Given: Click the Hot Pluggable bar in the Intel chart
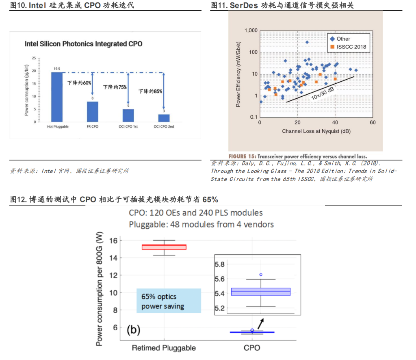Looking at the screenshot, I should (57, 97).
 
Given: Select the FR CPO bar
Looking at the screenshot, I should (93, 111).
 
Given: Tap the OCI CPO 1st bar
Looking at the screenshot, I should (128, 115).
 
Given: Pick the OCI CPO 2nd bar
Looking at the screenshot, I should (164, 118).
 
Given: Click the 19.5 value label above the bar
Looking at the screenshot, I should (57, 69).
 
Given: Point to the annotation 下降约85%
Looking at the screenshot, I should (150, 91).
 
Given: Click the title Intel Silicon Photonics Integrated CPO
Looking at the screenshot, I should (84, 44).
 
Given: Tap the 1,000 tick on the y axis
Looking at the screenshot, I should (251, 31).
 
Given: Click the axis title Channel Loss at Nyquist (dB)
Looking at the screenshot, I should (316, 132).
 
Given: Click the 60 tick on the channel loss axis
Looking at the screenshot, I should (373, 123).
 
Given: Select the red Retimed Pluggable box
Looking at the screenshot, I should (164, 247).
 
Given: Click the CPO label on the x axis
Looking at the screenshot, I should (252, 348).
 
